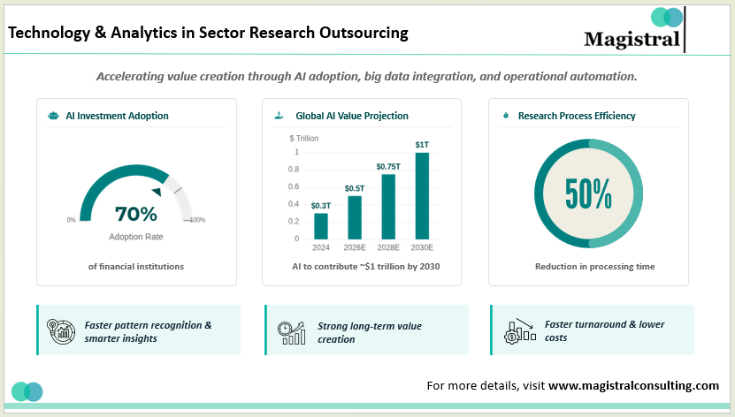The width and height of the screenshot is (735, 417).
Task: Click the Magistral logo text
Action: click(x=632, y=39)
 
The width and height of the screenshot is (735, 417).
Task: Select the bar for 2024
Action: click(x=321, y=226)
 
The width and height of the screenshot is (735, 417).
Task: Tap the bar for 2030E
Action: click(x=422, y=195)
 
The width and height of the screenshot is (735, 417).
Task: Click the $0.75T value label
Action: click(x=388, y=166)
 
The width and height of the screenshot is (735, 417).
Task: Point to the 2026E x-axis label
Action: click(x=355, y=248)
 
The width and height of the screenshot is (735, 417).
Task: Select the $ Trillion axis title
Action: click(x=303, y=138)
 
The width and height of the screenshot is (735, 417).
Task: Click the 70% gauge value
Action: click(x=136, y=214)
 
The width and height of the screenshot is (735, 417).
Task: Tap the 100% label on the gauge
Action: click(x=197, y=220)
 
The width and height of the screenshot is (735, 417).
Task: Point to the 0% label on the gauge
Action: click(x=71, y=220)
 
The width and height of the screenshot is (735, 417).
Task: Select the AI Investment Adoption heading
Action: click(x=117, y=116)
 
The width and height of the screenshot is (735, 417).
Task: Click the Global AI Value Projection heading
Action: click(x=352, y=116)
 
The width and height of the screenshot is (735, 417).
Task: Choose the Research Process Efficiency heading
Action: click(x=577, y=116)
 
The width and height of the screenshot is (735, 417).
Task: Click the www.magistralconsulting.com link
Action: click(x=633, y=385)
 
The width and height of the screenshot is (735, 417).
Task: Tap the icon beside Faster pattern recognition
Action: click(x=59, y=330)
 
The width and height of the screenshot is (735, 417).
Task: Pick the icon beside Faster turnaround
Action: click(x=518, y=330)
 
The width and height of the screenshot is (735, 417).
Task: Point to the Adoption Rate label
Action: click(x=135, y=237)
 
